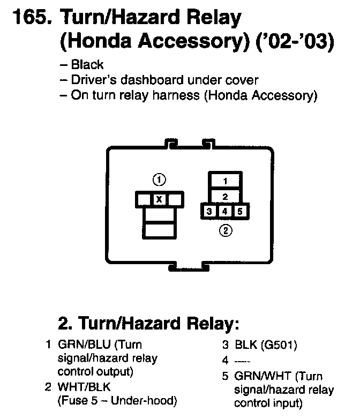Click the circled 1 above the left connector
[x=159, y=179]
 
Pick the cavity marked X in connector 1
[x=159, y=199]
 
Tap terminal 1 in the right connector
[x=226, y=181]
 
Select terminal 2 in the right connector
[x=226, y=196]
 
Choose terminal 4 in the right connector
[x=226, y=211]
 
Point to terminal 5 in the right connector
[x=241, y=211]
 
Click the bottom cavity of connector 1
[x=159, y=231]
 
